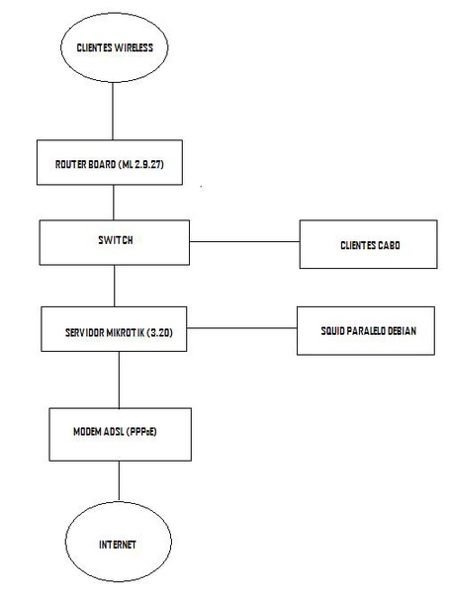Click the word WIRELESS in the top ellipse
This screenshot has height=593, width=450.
tap(134, 47)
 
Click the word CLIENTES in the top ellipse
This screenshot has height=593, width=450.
tap(94, 47)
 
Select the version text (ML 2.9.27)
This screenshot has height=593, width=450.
tap(141, 164)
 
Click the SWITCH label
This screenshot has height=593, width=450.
tap(116, 240)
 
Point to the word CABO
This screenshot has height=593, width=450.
tap(389, 245)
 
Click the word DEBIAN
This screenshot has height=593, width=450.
tap(401, 331)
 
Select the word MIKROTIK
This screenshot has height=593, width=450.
tap(126, 333)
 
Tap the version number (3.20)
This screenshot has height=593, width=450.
tap(159, 333)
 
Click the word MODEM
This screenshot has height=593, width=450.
tap(88, 432)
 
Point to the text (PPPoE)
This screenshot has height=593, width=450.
tap(141, 432)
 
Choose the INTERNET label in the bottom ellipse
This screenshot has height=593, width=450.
tap(118, 545)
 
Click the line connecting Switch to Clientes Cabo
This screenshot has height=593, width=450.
tap(244, 241)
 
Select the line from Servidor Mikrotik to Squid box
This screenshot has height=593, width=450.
tap(242, 328)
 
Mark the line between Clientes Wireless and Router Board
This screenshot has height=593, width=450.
tap(113, 111)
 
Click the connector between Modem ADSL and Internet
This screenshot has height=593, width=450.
tap(120, 480)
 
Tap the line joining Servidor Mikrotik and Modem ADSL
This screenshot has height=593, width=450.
tap(119, 380)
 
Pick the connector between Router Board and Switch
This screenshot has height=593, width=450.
tap(114, 203)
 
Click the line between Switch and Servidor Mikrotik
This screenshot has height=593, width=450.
tap(115, 286)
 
